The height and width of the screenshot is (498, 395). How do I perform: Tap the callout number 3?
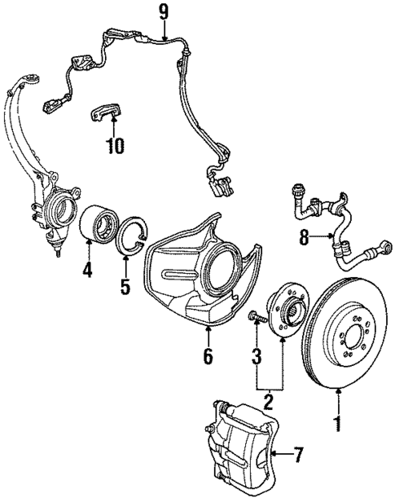tap(257, 356)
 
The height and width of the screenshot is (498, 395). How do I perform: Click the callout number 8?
tap(305, 238)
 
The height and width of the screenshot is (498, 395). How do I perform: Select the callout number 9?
tap(163, 12)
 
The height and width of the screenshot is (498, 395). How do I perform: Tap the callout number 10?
tap(115, 147)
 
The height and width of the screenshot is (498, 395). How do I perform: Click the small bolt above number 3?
tap(254, 316)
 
